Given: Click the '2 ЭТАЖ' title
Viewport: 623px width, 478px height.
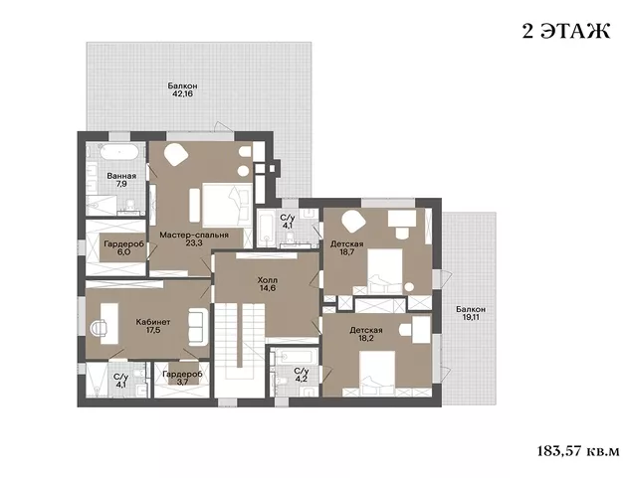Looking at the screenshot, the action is pyautogui.click(x=566, y=32).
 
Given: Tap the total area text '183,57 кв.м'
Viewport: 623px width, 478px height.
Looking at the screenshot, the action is pyautogui.click(x=578, y=451).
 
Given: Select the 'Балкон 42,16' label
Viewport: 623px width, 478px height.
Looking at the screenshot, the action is pyautogui.click(x=182, y=90).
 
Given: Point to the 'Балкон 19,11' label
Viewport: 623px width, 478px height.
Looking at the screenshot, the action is pyautogui.click(x=471, y=313).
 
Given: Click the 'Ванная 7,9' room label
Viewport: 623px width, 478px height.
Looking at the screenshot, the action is pyautogui.click(x=121, y=180).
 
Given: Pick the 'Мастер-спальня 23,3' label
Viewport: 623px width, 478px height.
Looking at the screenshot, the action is pyautogui.click(x=194, y=239).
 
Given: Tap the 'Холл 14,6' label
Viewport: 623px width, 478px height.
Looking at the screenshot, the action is pyautogui.click(x=268, y=284).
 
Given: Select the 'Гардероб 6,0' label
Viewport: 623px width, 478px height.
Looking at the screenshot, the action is pyautogui.click(x=123, y=248).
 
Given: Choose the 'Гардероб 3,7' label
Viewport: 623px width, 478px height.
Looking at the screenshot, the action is pyautogui.click(x=182, y=378).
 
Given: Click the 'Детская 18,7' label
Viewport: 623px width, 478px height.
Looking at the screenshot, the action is pyautogui.click(x=347, y=247).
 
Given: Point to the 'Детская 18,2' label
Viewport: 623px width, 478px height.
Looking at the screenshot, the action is pyautogui.click(x=366, y=335).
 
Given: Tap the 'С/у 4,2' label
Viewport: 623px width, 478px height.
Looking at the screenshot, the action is pyautogui.click(x=302, y=375).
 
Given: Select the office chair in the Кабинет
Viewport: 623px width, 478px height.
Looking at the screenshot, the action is pyautogui.click(x=98, y=328).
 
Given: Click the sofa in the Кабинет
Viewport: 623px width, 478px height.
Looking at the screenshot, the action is pyautogui.click(x=198, y=327).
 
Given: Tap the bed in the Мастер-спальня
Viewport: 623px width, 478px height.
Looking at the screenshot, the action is pyautogui.click(x=227, y=205).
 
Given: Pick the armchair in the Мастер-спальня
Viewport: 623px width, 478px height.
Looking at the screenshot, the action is pyautogui.click(x=176, y=155).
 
